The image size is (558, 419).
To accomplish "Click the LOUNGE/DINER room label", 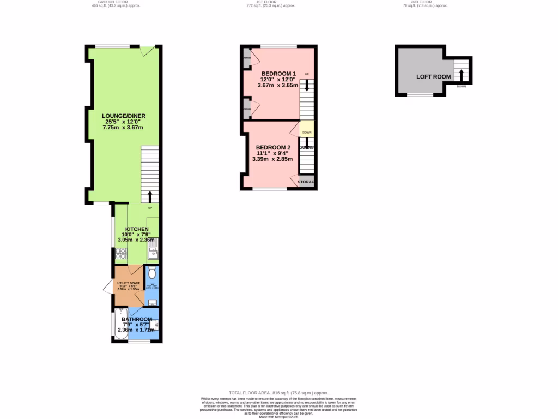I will coord(123,116).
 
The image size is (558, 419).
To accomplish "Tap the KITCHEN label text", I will coord(137,229).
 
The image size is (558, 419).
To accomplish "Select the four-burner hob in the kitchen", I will coord(120,254).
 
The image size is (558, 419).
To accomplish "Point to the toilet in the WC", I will coord(152,271).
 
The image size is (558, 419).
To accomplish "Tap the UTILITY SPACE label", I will coord(129,283).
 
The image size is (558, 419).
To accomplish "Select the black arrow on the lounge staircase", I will coord(150,196).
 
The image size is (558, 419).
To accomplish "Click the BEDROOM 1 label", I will coord(278,74).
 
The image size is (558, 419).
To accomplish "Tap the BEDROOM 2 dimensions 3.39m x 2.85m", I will coord(275,159).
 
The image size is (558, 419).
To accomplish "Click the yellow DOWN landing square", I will coord(307,132).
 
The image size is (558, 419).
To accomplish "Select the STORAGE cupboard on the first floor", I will coord(306,182).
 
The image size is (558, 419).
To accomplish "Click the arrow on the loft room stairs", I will coord(462,73).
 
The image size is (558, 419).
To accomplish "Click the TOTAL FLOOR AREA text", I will coord(278,393).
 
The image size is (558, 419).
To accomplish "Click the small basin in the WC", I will coord(152,302).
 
